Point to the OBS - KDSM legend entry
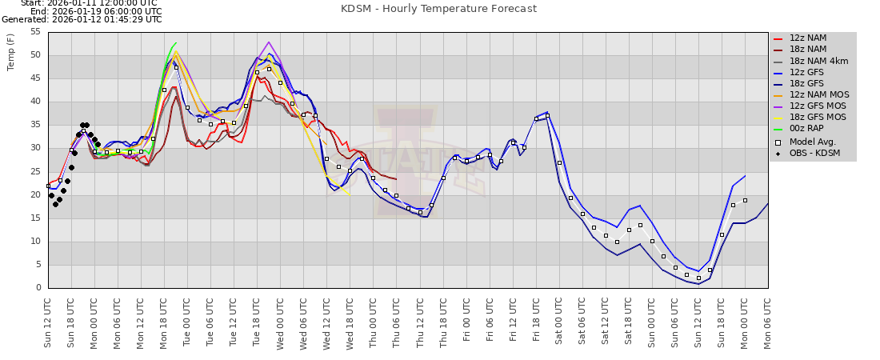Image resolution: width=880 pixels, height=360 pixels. point(815,154)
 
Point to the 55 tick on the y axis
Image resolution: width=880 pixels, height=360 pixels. point(34,32)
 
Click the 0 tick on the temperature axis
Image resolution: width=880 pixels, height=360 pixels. point(38,288)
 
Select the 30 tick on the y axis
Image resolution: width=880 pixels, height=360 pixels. point(34,148)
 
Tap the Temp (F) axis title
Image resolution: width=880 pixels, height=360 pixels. point(11,52)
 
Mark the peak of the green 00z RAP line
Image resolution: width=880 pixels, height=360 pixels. point(176,42)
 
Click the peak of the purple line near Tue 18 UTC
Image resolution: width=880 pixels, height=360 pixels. point(269,42)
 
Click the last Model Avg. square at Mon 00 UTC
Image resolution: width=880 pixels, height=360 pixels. point(745,200)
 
